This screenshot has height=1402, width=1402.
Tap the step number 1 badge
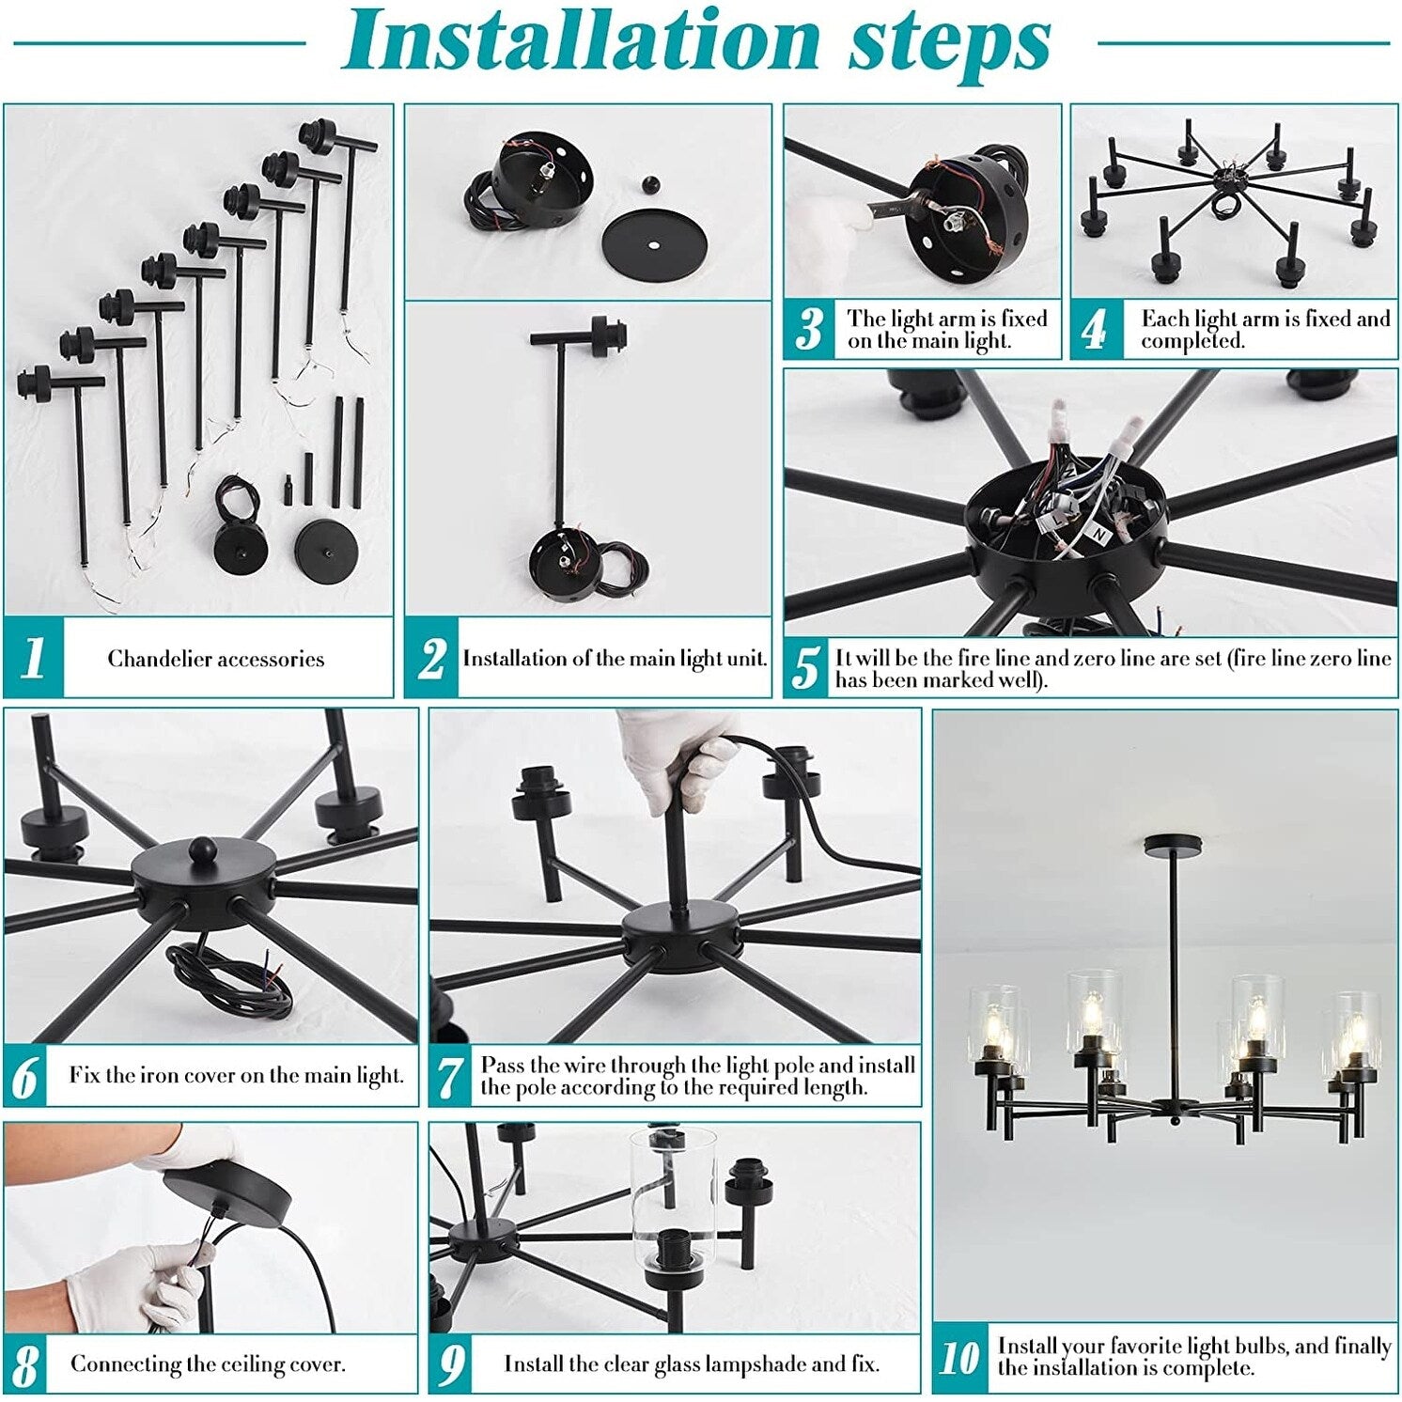click(34, 658)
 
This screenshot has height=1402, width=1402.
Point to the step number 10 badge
click(961, 1357)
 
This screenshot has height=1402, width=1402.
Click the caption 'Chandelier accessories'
click(216, 659)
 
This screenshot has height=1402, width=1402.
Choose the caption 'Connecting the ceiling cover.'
click(208, 1363)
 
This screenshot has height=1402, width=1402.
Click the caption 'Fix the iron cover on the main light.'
click(236, 1075)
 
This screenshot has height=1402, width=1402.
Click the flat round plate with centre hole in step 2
click(654, 243)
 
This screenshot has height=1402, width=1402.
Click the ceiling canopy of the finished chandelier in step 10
click(1173, 843)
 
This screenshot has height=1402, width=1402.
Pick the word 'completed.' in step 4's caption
click(1192, 340)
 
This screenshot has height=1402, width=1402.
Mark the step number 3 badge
click(808, 330)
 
